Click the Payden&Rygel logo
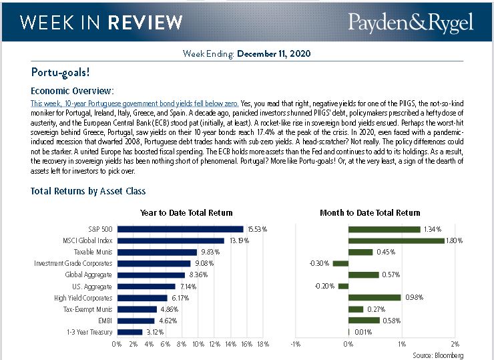410,23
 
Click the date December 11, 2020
274,53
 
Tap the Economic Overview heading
73,90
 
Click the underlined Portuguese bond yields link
134,104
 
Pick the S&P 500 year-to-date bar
180,229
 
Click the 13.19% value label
238,240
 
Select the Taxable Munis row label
93,252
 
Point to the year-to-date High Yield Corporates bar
142,298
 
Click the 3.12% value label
155,332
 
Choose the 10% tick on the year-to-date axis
198,345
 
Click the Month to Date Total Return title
370,213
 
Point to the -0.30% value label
320,263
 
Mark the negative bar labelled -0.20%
343,287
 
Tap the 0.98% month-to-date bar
375,298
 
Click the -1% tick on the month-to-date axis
294,345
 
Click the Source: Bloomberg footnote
438,355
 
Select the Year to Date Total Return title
186,213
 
